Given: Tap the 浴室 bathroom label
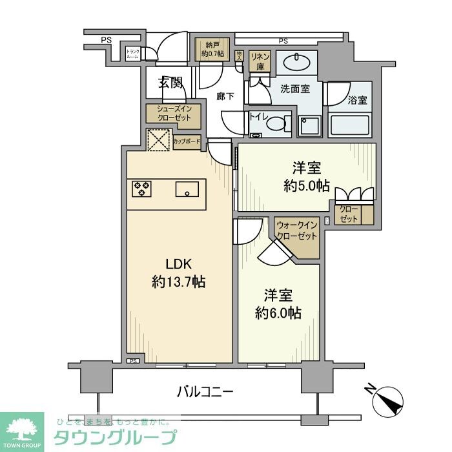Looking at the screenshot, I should tap(357, 100).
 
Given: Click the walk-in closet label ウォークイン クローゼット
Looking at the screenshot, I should tap(297, 231).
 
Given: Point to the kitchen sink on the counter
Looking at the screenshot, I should tap(188, 189).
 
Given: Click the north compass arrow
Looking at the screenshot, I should tap(389, 399).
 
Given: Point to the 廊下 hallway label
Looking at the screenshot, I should tap(225, 97).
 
